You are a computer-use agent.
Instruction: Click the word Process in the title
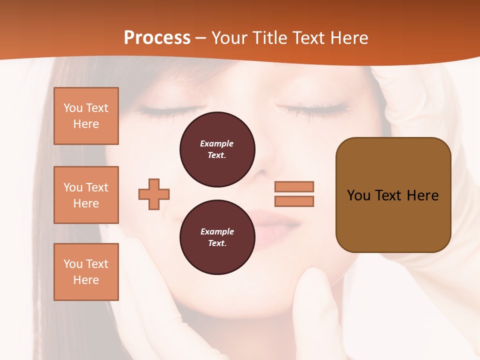pyautogui.click(x=157, y=38)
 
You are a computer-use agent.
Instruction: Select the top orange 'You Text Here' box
pyautogui.click(x=86, y=116)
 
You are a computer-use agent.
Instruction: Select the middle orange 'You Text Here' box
pyautogui.click(x=86, y=195)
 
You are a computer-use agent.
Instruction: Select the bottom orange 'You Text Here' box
pyautogui.click(x=86, y=272)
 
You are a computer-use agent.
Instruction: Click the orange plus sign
pyautogui.click(x=154, y=194)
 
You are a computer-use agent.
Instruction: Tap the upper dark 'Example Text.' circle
pyautogui.click(x=217, y=149)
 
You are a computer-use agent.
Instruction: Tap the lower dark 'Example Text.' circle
pyautogui.click(x=217, y=237)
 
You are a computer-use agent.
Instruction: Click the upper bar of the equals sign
pyautogui.click(x=294, y=186)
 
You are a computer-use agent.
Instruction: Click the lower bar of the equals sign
pyautogui.click(x=294, y=201)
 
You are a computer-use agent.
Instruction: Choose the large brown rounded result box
pyautogui.click(x=393, y=195)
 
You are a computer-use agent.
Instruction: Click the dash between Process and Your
pyautogui.click(x=201, y=38)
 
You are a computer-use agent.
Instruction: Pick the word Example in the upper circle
pyautogui.click(x=217, y=143)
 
